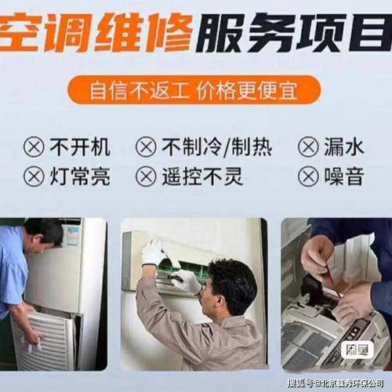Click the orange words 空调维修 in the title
click(94, 34)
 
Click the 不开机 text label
click(80, 147)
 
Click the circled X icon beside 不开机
click(34, 147)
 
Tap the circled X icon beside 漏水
click(308, 147)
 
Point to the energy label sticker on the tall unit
click(72, 234)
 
